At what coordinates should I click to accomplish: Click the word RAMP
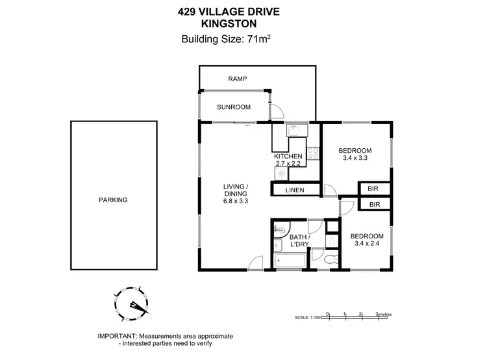237,79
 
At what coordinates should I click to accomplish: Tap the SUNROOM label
234,107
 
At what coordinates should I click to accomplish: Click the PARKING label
113,200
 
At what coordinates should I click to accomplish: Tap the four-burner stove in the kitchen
313,154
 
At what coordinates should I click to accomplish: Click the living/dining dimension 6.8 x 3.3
236,201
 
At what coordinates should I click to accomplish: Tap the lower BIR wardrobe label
375,204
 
